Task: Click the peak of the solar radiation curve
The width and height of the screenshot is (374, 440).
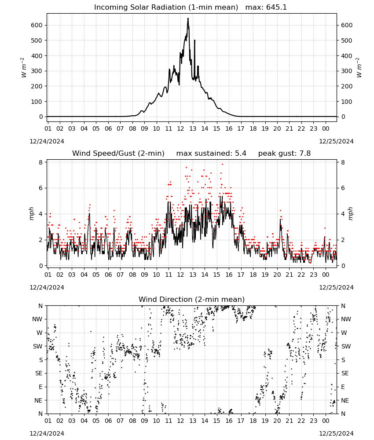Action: click(188, 18)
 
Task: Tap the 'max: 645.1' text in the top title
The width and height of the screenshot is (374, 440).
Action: click(266, 7)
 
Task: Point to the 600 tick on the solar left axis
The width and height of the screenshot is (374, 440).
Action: click(37, 25)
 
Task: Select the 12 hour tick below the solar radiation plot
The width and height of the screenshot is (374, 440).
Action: click(180, 128)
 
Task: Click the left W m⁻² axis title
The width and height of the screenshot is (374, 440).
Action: click(24, 68)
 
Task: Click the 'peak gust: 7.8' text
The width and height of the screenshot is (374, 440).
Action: click(284, 154)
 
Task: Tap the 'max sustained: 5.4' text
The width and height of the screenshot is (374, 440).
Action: click(211, 154)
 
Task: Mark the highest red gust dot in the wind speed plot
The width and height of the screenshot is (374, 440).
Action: click(223, 164)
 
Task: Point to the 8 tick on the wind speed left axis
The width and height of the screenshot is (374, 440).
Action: click(40, 162)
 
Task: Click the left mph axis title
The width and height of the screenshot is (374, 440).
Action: click(31, 213)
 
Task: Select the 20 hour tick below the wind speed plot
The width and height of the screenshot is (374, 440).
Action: click(277, 275)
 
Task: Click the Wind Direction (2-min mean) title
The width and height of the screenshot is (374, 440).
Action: click(192, 299)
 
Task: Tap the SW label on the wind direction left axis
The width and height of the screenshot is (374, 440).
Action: click(38, 346)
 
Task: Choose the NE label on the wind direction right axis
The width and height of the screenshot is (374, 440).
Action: click(345, 400)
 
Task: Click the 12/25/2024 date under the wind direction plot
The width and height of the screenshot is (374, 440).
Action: click(336, 433)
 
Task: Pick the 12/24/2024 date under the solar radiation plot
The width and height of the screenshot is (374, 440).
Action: click(47, 141)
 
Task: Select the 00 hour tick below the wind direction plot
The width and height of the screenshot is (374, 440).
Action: click(326, 421)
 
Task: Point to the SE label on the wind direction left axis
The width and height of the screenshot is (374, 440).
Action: click(39, 373)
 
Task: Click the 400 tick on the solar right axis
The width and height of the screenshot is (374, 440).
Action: click(347, 56)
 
